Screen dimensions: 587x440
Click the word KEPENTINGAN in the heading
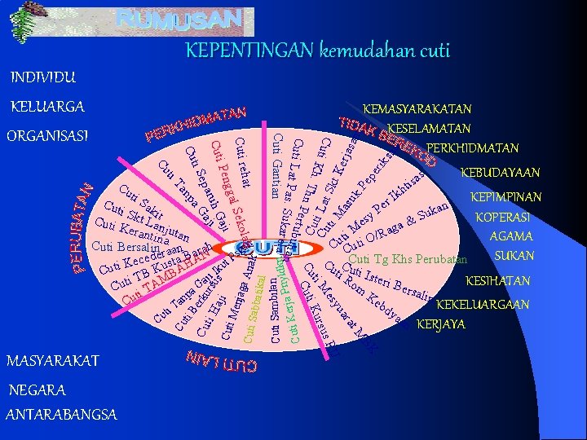tap(249, 51)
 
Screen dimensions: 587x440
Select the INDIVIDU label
tap(43, 78)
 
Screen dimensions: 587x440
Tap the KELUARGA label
tap(47, 107)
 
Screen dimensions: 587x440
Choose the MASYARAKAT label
tap(52, 360)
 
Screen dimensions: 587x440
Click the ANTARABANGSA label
tap(61, 415)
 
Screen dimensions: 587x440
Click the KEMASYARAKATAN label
tap(417, 108)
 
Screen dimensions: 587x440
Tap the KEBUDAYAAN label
tap(500, 173)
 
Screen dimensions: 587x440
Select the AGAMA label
tap(511, 236)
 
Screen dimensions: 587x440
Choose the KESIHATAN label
tap(497, 281)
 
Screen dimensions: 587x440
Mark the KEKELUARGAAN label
tap(483, 305)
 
